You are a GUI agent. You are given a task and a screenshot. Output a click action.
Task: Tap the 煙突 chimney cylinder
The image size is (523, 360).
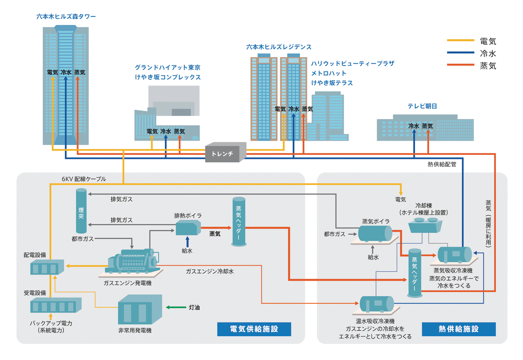point(81,211)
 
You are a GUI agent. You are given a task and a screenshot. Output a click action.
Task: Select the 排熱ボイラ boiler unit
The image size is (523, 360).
point(188,228)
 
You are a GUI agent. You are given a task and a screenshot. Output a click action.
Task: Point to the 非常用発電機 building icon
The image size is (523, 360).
point(139,310)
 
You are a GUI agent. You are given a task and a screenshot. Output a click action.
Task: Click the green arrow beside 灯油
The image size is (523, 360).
point(176,307)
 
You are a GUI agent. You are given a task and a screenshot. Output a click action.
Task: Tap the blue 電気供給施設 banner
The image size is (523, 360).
point(254,329)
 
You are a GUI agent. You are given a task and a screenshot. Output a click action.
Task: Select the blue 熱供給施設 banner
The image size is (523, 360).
point(458,329)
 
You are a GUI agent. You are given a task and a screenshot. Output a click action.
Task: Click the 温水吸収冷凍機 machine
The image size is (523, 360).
point(377,304)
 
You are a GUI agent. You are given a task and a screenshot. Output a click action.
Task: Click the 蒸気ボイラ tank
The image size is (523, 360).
point(375,233)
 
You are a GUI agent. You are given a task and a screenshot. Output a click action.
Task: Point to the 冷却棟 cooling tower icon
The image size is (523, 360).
point(425,225)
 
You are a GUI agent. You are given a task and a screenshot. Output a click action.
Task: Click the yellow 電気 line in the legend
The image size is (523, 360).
point(460,40)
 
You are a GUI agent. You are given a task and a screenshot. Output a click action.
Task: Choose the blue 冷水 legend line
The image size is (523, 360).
point(460,53)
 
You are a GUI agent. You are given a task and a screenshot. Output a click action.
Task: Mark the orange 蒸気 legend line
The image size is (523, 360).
point(460,65)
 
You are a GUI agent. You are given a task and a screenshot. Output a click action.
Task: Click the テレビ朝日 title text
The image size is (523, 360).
point(422,106)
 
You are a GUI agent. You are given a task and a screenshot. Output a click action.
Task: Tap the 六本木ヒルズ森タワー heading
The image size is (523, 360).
point(66,17)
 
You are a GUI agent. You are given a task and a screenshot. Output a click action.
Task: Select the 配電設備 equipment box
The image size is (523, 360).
point(47,267)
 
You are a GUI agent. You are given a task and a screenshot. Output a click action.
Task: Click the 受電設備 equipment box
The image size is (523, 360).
point(56,305)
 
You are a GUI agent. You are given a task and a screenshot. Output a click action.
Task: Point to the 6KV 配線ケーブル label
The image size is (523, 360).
point(84,179)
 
